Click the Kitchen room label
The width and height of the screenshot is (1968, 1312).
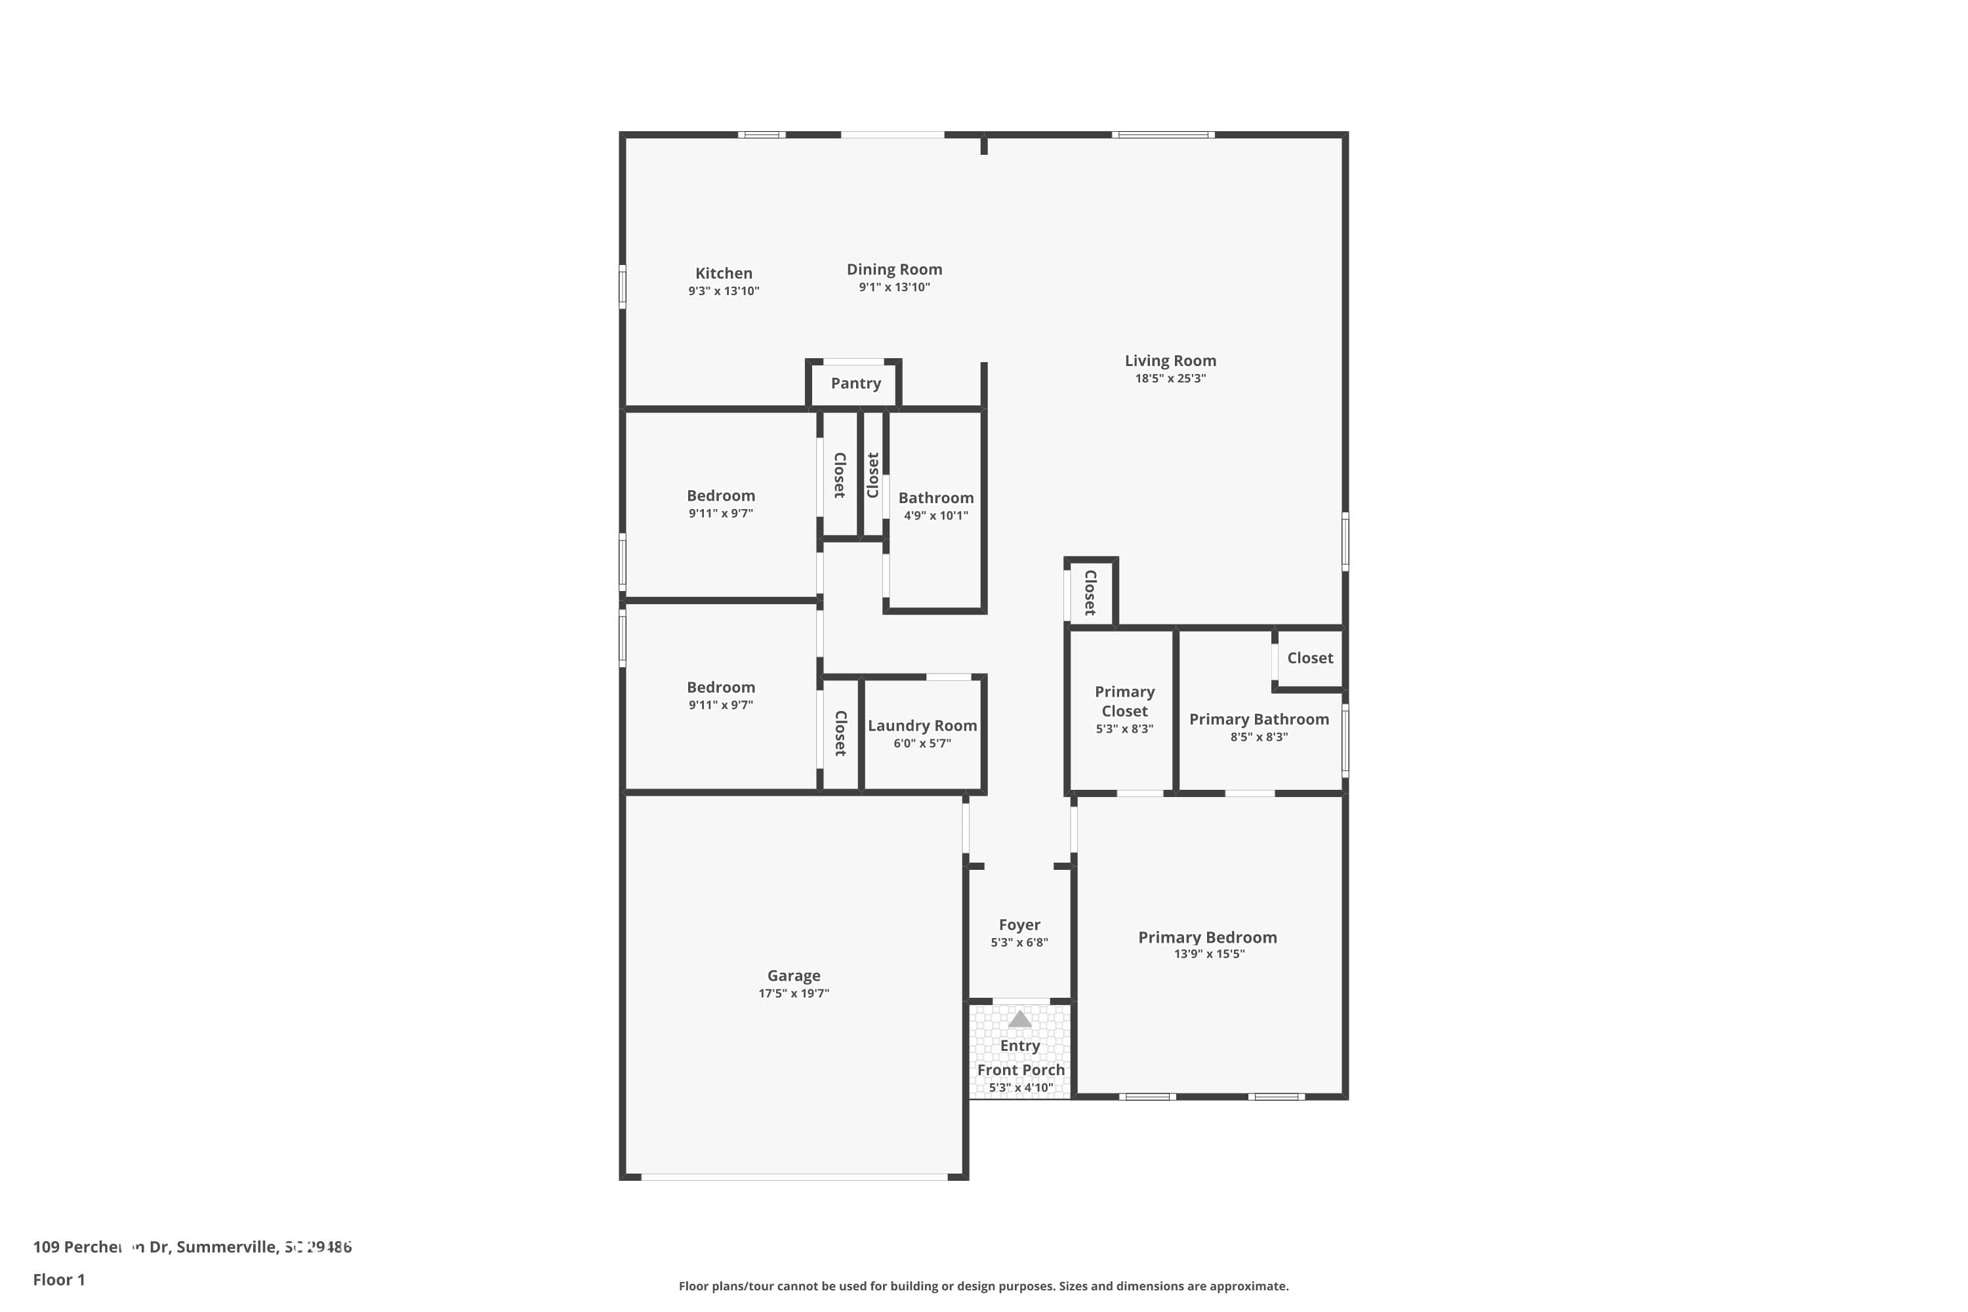(723, 274)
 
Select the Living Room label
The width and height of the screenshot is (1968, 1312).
(1170, 361)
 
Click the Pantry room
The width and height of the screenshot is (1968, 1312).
(855, 383)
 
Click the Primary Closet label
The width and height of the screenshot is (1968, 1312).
(1124, 701)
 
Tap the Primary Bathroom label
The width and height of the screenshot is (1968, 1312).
(1258, 720)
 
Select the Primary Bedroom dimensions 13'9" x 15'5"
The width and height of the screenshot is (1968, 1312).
(1208, 954)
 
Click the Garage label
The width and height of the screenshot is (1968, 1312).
(793, 975)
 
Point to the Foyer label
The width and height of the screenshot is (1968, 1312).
(1019, 924)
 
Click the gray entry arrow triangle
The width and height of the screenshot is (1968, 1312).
(1019, 1019)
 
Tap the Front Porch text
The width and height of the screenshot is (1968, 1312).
(1020, 1070)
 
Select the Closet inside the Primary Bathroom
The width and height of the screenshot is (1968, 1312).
(1309, 659)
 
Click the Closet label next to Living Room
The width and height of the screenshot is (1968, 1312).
(1090, 592)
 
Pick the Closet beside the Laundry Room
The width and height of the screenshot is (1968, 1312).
(840, 733)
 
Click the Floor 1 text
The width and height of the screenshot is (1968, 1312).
(58, 1279)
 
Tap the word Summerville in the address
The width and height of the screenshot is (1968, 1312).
(226, 1247)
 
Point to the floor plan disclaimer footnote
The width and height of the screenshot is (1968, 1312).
(983, 1286)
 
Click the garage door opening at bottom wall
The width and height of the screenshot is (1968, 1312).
(793, 1176)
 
